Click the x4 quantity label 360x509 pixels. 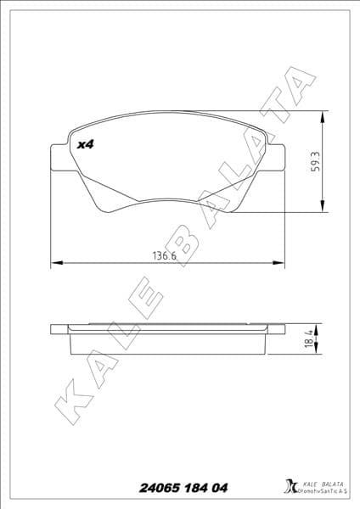[85, 145]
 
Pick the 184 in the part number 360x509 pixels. [204, 488]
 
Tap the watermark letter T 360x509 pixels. [267, 118]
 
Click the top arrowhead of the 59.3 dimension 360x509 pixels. [322, 116]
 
